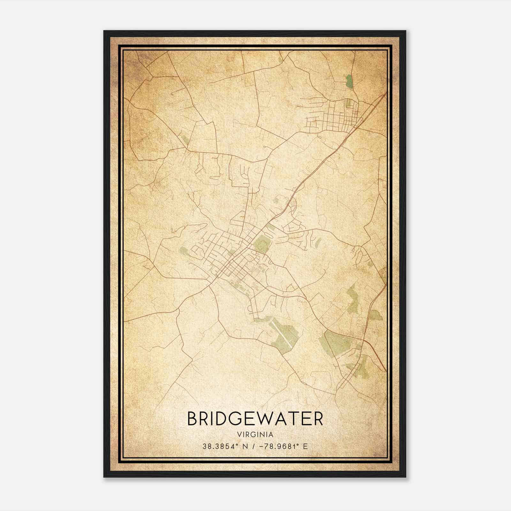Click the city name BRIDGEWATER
click(x=255, y=419)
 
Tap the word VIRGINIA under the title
click(x=255, y=435)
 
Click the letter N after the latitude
click(x=246, y=446)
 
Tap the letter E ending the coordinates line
click(x=306, y=446)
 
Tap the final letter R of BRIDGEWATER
click(x=318, y=419)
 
